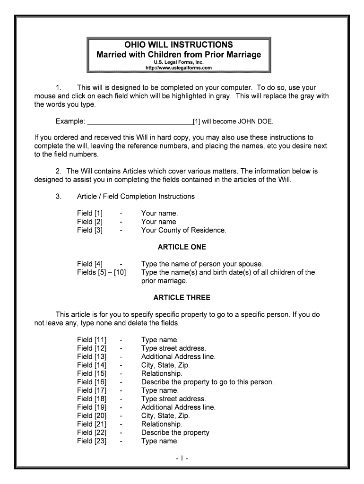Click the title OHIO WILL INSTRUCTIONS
click(x=179, y=45)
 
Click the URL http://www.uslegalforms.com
click(x=179, y=68)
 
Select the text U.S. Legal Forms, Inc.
click(x=179, y=62)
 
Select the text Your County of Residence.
click(x=183, y=231)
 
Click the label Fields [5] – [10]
click(x=101, y=273)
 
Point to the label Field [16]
click(x=92, y=382)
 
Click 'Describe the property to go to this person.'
click(x=208, y=382)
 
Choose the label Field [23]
click(x=92, y=441)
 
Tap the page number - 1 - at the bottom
click(x=182, y=458)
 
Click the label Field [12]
click(x=92, y=348)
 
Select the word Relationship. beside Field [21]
click(x=162, y=424)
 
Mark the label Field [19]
click(x=92, y=407)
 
